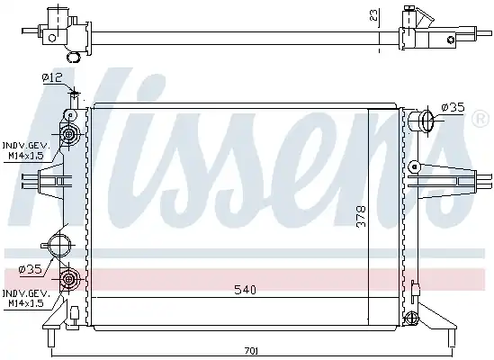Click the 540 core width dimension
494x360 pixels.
245,290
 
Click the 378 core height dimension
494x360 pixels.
361,216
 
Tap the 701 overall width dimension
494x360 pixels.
251,350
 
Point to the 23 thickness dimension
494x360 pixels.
373,14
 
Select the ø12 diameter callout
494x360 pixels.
52,76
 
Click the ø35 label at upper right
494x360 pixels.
453,107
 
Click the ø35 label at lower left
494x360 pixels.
31,269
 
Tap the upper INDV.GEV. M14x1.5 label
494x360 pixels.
26,150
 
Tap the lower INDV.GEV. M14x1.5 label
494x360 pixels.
26,299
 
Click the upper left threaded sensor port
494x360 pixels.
68,135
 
